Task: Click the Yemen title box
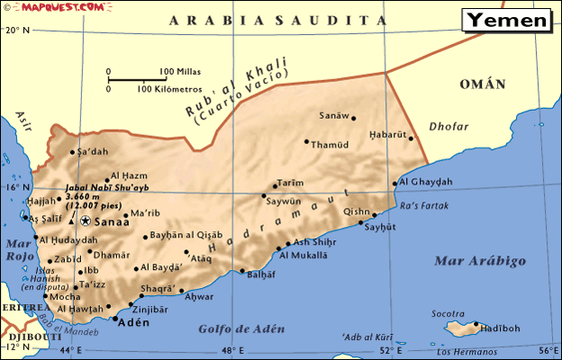[508, 20]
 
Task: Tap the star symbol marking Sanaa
[86, 220]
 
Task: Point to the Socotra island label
[448, 313]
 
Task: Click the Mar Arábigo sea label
[480, 261]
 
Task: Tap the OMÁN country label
[483, 84]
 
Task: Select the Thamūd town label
[329, 145]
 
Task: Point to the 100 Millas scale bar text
[180, 71]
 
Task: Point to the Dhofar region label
[448, 127]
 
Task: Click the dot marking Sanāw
[353, 118]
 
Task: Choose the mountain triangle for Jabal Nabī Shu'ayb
[72, 220]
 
